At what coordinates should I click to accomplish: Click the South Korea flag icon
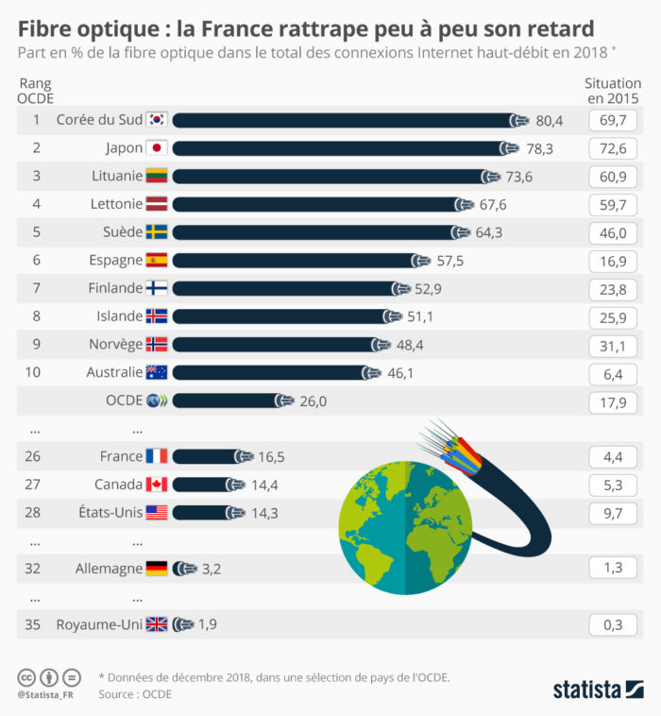tap(157, 120)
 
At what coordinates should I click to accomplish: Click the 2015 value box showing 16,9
tap(614, 260)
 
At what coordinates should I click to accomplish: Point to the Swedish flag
tap(157, 232)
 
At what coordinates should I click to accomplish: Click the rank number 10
tap(33, 372)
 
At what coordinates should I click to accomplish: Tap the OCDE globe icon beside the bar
tap(157, 401)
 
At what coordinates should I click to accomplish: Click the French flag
tap(157, 456)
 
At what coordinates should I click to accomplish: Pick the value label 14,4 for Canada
tap(263, 485)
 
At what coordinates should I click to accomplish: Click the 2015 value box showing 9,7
tap(614, 513)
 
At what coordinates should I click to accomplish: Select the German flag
tap(157, 569)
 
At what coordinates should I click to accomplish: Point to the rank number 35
tap(33, 623)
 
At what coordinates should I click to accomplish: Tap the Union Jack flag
tap(157, 623)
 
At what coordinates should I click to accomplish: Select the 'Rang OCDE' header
tap(36, 91)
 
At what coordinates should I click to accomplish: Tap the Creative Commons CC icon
tap(27, 677)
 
